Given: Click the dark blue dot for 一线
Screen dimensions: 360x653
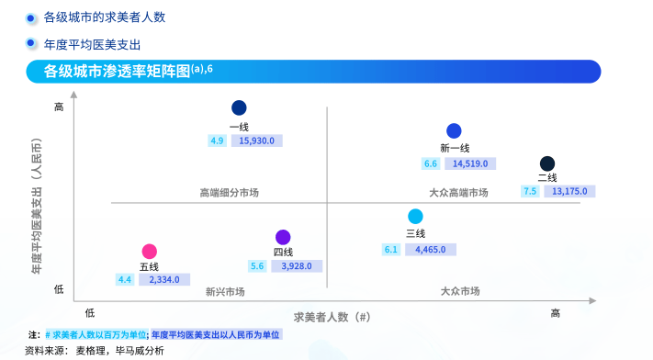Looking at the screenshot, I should click(x=239, y=107).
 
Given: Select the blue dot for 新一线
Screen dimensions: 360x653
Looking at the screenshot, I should click(x=454, y=131).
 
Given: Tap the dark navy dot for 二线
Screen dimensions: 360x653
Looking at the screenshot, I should click(x=547, y=163).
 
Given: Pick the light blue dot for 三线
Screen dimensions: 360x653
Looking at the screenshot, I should click(x=415, y=217).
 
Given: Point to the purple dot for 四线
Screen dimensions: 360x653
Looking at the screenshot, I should click(x=283, y=237).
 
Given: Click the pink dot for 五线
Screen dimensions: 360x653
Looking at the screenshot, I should click(x=150, y=252).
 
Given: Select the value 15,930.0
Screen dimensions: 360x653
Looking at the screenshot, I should click(x=256, y=141).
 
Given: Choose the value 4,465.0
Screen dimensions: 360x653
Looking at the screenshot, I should click(x=430, y=249).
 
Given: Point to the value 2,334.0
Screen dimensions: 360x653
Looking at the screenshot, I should click(x=164, y=279).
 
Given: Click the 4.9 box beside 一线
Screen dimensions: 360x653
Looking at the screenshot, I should click(x=218, y=141).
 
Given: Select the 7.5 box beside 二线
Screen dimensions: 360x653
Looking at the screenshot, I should click(x=530, y=191).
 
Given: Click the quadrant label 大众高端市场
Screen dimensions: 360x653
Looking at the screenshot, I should click(x=458, y=193).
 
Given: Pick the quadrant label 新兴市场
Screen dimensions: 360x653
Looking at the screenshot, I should click(x=225, y=292).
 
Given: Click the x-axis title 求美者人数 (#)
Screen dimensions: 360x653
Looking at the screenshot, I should click(x=332, y=316).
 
